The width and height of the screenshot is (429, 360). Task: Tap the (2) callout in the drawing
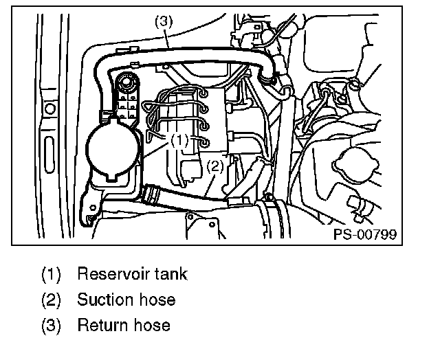215,165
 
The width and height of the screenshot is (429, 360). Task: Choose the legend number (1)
52,274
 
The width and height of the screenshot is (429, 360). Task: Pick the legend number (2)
52,300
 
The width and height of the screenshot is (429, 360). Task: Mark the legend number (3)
52,324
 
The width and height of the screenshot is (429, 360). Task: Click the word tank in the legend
170,274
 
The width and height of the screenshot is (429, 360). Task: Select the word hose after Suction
155,300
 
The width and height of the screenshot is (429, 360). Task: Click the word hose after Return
150,324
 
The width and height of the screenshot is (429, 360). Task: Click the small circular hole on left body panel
49,109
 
